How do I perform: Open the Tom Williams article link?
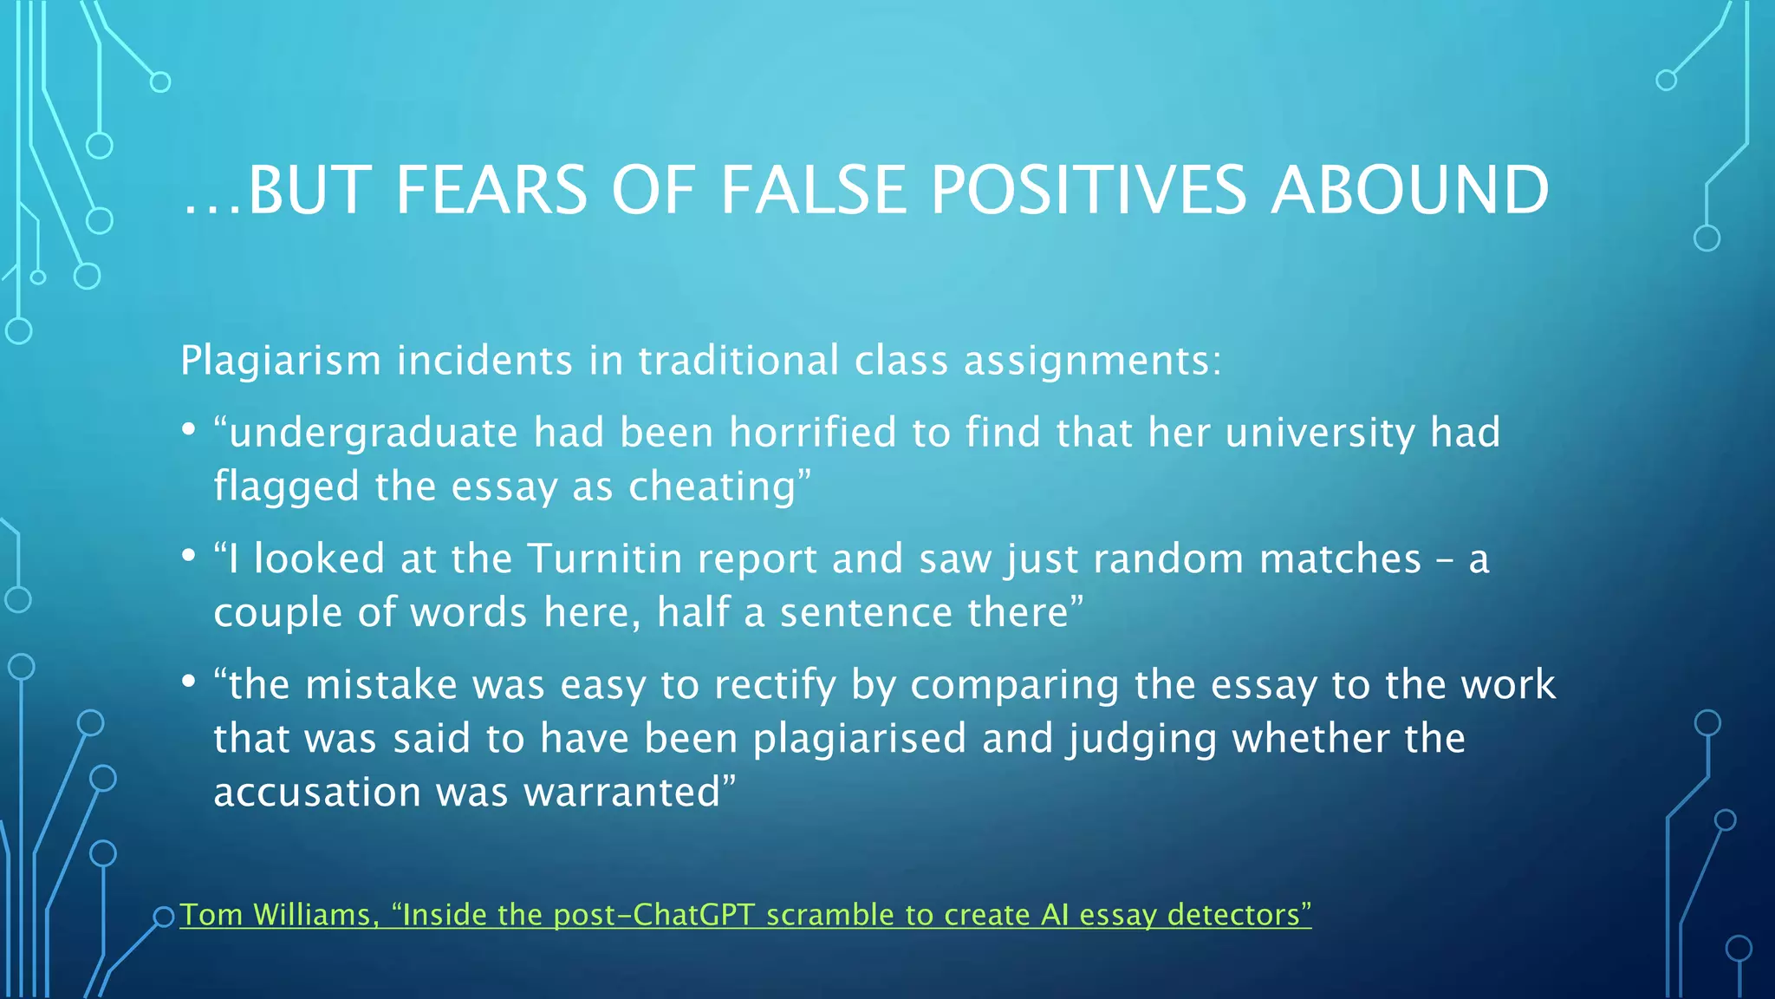(x=745, y=915)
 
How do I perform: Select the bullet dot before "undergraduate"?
(x=189, y=430)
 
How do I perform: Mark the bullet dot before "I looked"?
(x=189, y=557)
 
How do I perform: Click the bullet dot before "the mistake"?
(x=189, y=682)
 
